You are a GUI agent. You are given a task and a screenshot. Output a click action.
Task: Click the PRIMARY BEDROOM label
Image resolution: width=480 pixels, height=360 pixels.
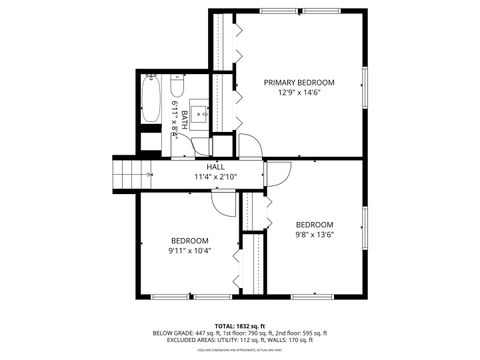(x=299, y=82)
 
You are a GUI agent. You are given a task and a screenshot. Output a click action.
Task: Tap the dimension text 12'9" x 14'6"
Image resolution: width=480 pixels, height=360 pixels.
(x=299, y=93)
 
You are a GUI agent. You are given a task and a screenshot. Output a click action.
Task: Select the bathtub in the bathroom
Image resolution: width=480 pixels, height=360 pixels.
(x=151, y=101)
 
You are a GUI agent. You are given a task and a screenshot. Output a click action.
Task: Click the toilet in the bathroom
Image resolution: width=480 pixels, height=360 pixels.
(x=178, y=85)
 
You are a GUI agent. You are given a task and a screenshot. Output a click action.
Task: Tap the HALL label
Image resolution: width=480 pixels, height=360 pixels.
(x=215, y=167)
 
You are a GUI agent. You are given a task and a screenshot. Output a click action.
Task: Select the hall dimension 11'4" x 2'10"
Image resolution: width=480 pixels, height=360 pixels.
(x=215, y=178)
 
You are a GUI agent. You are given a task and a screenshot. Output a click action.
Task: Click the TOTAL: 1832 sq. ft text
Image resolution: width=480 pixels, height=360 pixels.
(x=239, y=325)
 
